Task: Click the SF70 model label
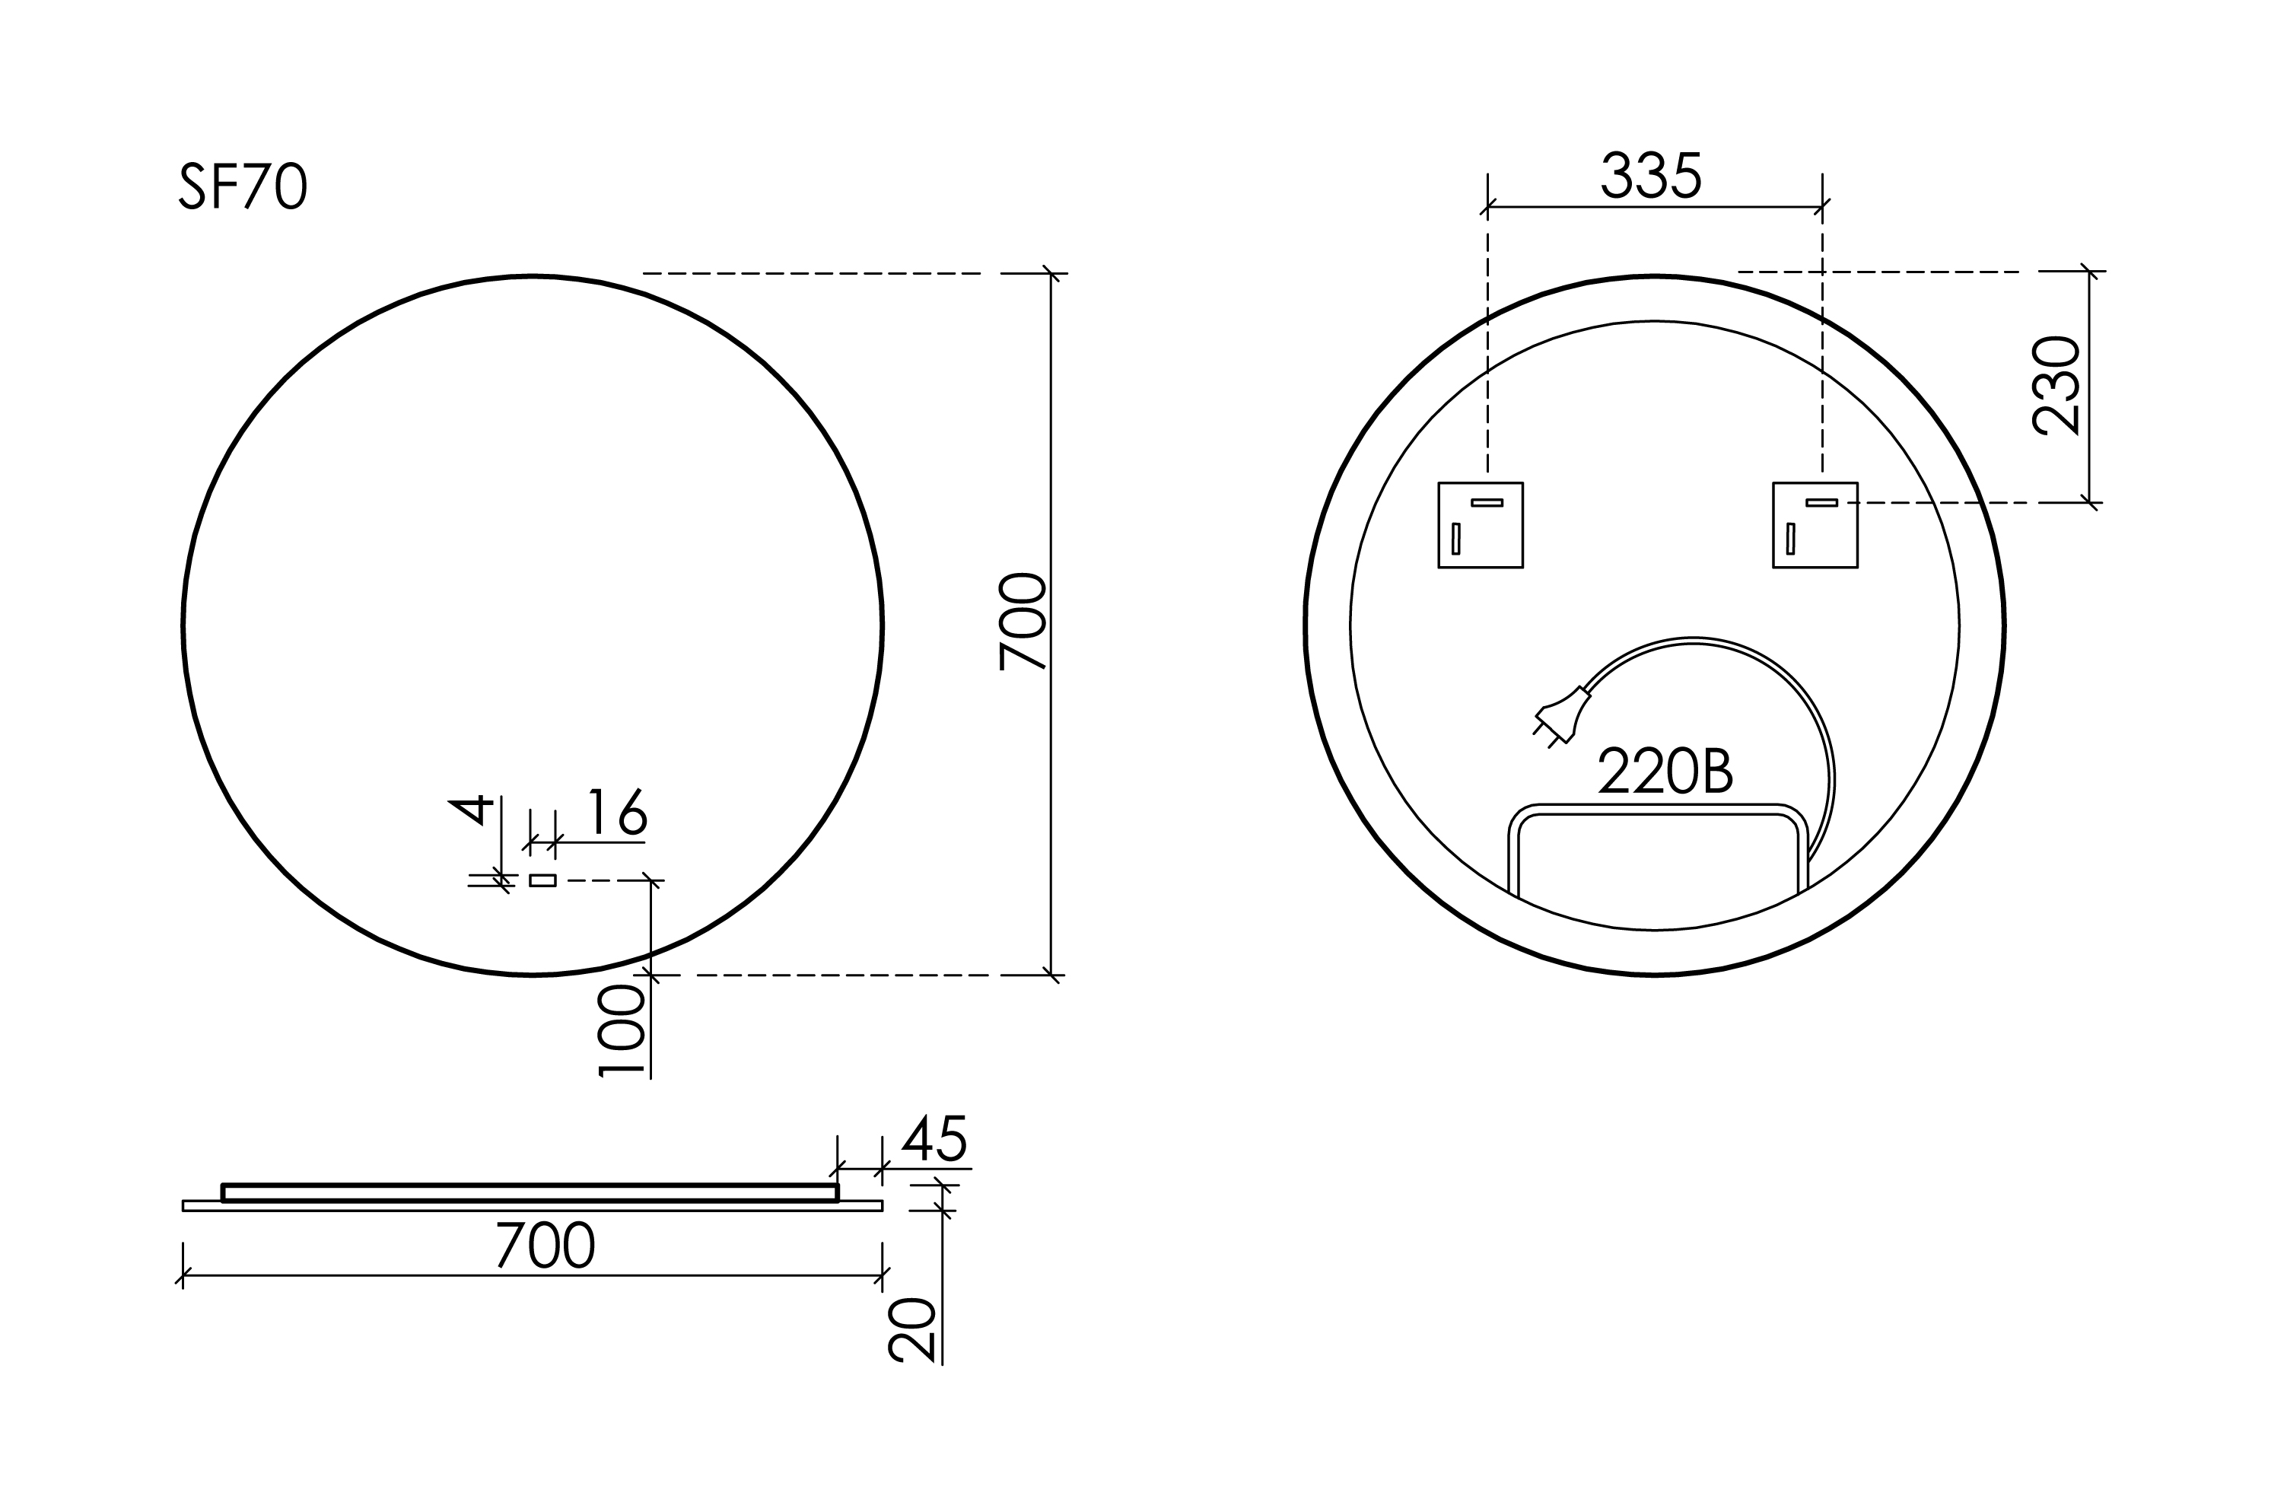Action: (x=243, y=186)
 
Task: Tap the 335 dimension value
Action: (x=1651, y=176)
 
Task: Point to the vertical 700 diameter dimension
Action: (x=1023, y=622)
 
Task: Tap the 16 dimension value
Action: (x=617, y=812)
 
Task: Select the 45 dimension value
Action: (x=934, y=1138)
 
